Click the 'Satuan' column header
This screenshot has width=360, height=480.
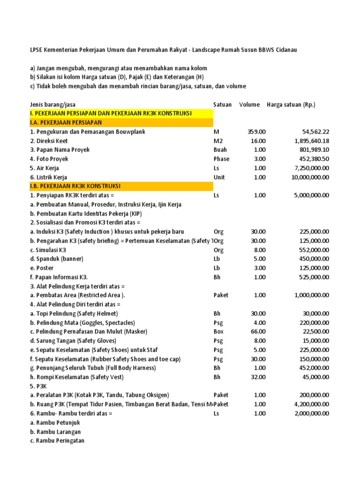pyautogui.click(x=222, y=105)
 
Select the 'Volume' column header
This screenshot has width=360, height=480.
pyautogui.click(x=249, y=105)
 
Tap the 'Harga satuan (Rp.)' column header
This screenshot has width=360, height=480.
pyautogui.click(x=291, y=105)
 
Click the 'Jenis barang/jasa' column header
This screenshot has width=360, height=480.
pyautogui.click(x=52, y=105)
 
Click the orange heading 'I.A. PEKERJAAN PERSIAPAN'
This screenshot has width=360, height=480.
pyautogui.click(x=66, y=123)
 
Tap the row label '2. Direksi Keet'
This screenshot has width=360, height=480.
pyautogui.click(x=49, y=141)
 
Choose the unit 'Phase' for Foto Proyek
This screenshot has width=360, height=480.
pyautogui.click(x=221, y=159)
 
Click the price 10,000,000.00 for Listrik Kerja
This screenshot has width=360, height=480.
pyautogui.click(x=304, y=178)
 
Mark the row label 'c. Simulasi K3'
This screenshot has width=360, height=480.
pyautogui.click(x=48, y=250)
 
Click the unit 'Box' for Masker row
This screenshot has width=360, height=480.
pyautogui.click(x=218, y=332)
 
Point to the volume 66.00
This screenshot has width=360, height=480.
pyautogui.click(x=258, y=332)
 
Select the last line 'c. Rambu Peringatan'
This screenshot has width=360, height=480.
pyautogui.click(x=57, y=441)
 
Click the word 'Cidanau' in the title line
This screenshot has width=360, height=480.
pyautogui.click(x=284, y=50)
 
